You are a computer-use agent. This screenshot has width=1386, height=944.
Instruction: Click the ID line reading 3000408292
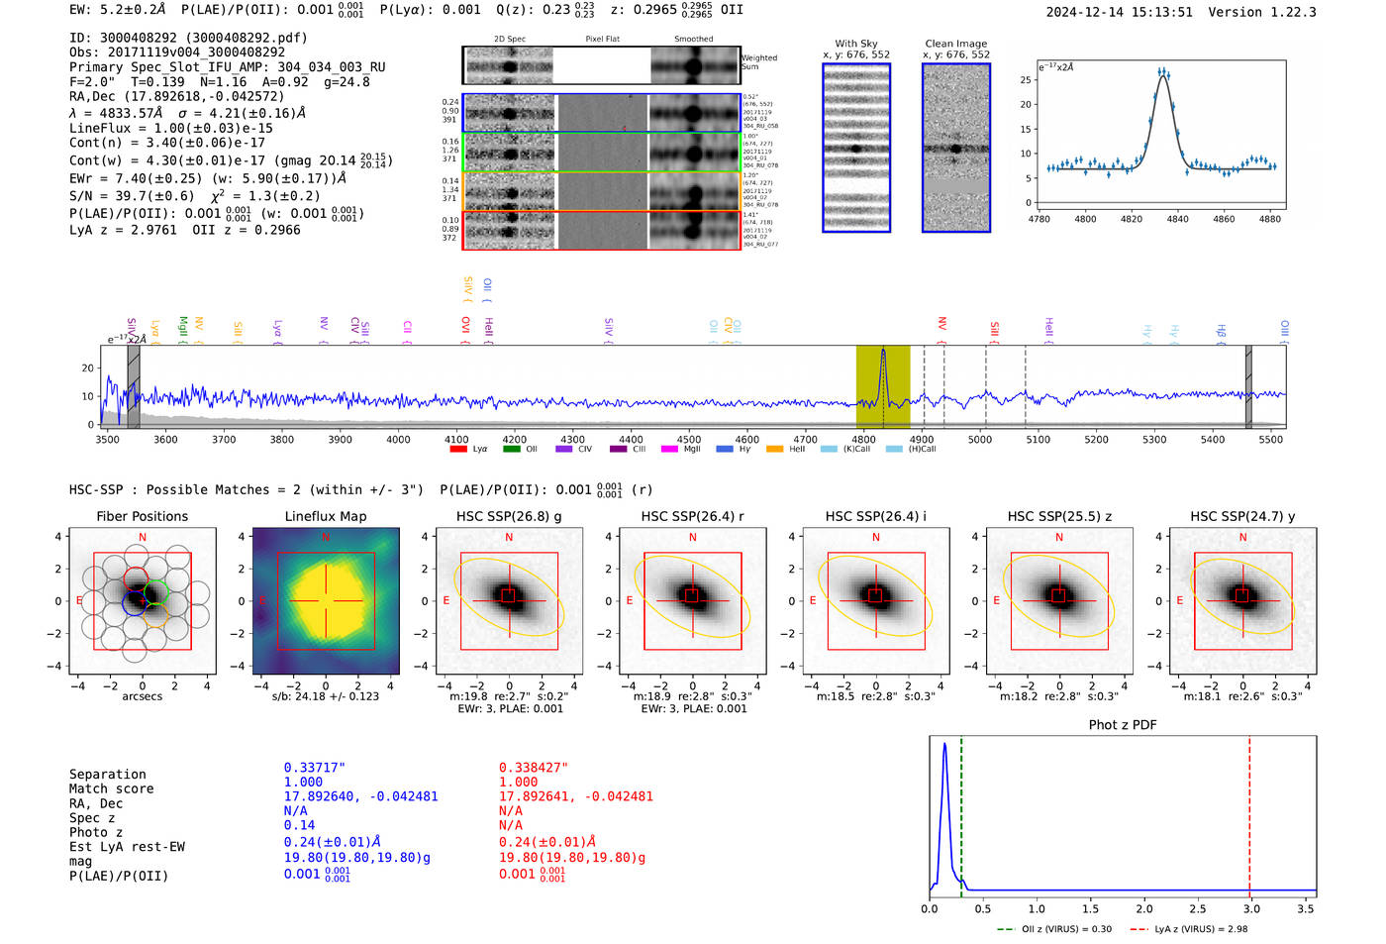pos(188,38)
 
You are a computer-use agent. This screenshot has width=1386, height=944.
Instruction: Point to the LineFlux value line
pos(170,128)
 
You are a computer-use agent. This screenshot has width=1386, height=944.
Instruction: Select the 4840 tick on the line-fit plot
pos(1177,219)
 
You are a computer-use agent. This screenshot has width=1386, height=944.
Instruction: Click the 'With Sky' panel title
pos(855,44)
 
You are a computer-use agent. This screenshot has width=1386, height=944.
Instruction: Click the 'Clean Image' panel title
pos(955,44)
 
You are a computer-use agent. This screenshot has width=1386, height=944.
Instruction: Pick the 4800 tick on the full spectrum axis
pos(863,440)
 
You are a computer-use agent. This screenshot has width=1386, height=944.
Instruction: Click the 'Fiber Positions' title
pos(142,516)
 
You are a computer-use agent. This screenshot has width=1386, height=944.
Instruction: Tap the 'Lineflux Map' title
pos(325,516)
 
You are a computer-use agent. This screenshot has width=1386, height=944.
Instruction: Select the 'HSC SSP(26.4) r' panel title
pos(692,516)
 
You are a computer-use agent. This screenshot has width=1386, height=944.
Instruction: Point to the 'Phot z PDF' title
pos(1122,725)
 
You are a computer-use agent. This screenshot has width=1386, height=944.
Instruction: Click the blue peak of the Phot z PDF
pos(944,745)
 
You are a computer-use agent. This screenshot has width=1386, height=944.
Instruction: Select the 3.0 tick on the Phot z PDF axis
pos(1251,908)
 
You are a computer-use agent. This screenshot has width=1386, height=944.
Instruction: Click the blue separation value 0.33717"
pos(314,768)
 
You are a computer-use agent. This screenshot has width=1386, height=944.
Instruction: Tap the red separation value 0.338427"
pos(533,768)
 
